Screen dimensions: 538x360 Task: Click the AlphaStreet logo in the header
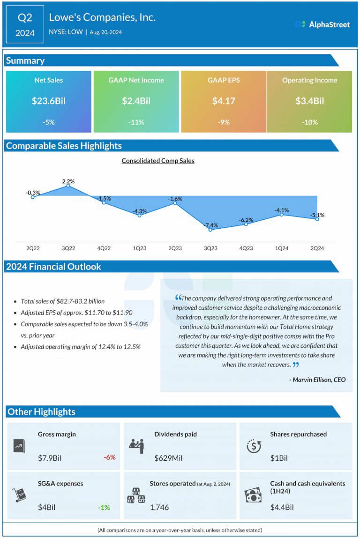point(322,24)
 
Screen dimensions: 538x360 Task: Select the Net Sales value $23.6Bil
point(48,101)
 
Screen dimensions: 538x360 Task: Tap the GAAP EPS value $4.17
point(224,101)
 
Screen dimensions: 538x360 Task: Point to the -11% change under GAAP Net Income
point(136,122)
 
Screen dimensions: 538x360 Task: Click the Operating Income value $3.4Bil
point(309,101)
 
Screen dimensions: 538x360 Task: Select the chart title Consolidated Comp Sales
point(158,161)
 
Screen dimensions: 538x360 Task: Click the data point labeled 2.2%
point(68,186)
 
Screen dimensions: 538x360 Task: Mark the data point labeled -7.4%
point(210,230)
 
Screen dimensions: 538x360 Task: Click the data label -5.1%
point(317,215)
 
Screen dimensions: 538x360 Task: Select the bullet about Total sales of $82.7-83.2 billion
point(63,301)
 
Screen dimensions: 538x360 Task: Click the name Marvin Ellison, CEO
point(317,380)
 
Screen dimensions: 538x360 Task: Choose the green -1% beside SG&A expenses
point(104,508)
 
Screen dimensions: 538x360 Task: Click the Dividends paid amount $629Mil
point(168,457)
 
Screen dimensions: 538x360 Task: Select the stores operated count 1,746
point(159,508)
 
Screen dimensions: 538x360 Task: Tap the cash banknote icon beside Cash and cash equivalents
point(254,495)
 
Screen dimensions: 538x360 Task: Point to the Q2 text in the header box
point(24,18)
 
